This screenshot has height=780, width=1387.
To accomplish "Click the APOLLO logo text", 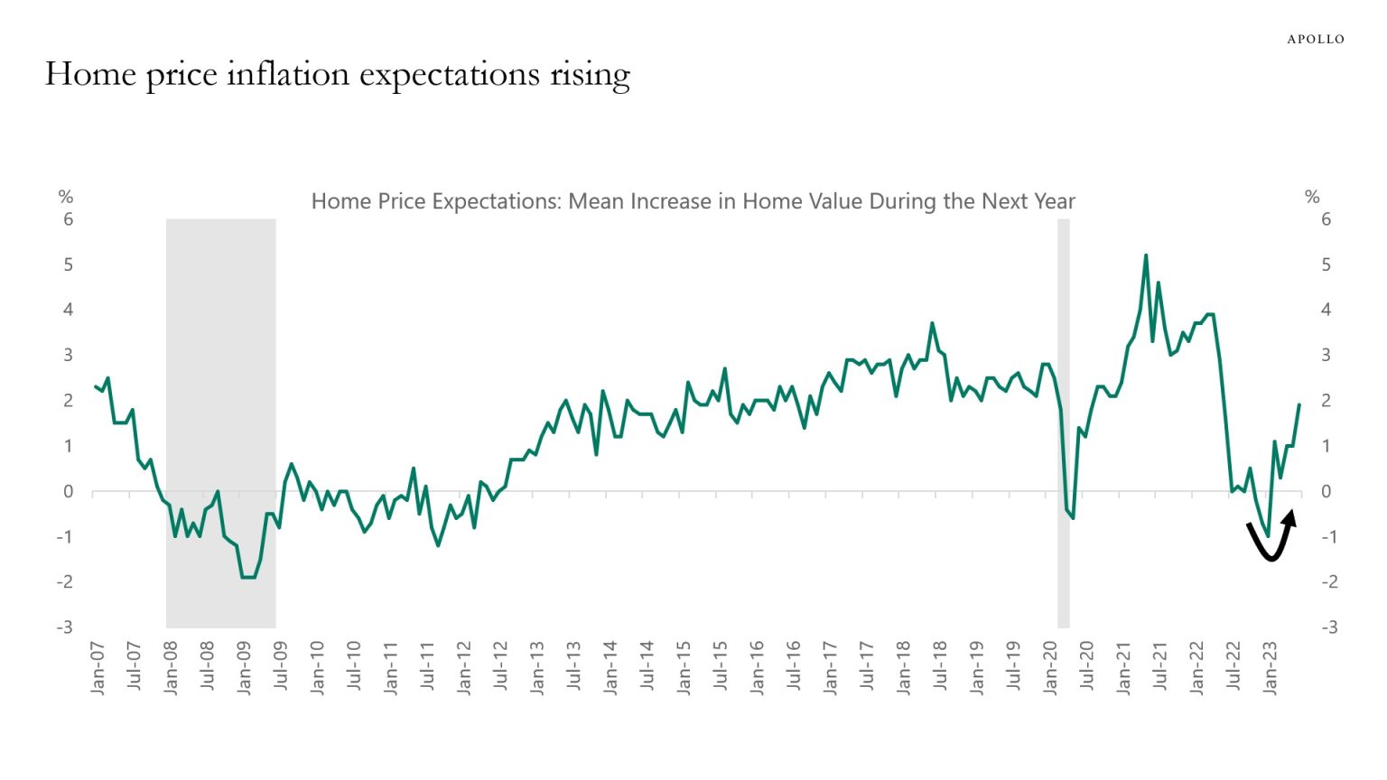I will point(1315,39).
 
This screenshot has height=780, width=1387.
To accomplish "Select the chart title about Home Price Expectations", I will point(693,201).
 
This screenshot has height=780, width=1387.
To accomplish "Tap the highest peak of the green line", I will point(1146,255).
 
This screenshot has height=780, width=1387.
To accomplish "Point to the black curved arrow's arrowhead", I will point(1290,517).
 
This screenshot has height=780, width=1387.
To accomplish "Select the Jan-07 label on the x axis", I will point(98,668).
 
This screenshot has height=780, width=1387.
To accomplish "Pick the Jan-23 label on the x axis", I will point(1271,668).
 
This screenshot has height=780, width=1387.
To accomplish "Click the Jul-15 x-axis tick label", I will point(721,668).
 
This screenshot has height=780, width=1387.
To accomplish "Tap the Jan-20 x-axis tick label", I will point(1051,668).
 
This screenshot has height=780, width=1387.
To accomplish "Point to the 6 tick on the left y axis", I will point(68,219).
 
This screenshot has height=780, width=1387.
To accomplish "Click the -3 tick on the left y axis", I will point(64,627).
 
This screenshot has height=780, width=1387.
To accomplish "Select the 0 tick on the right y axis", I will point(1326,492).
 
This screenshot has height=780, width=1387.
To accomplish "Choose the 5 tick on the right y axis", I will point(1326,265).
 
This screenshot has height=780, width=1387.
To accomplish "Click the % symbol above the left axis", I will point(65,197).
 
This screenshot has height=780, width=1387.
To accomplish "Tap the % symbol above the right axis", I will point(1312,197).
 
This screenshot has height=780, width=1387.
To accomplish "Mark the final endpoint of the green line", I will point(1299,405).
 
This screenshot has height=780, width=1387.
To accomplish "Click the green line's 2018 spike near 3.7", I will point(932,323).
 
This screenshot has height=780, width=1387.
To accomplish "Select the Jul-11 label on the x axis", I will point(427,668).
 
